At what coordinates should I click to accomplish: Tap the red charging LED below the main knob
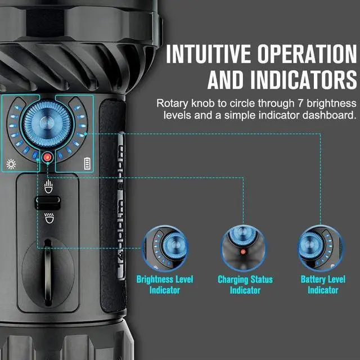(x=47, y=157)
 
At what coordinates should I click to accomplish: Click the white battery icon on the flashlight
(x=87, y=164)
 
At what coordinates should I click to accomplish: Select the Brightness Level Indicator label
(x=165, y=285)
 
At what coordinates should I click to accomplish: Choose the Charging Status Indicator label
(x=245, y=285)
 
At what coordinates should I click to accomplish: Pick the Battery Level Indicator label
(x=323, y=285)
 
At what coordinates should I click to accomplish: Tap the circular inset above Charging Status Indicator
(x=244, y=247)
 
